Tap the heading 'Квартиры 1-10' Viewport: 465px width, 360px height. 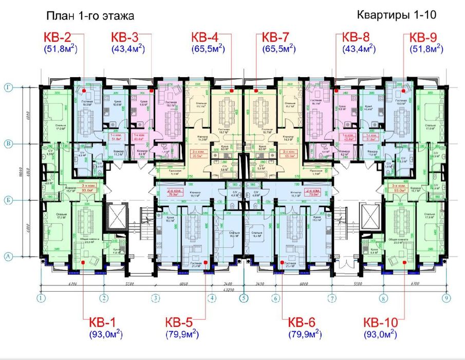tap(396, 15)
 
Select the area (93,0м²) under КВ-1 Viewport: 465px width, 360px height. tap(105, 335)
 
